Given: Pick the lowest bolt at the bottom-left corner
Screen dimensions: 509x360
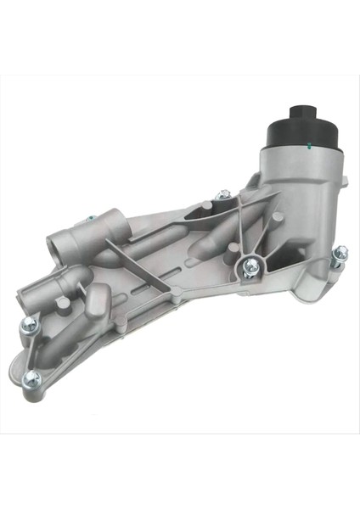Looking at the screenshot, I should click(32, 378).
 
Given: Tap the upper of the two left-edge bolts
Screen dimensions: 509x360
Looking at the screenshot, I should click(27, 322).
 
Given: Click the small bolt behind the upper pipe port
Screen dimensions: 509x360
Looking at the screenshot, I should click(87, 221).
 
